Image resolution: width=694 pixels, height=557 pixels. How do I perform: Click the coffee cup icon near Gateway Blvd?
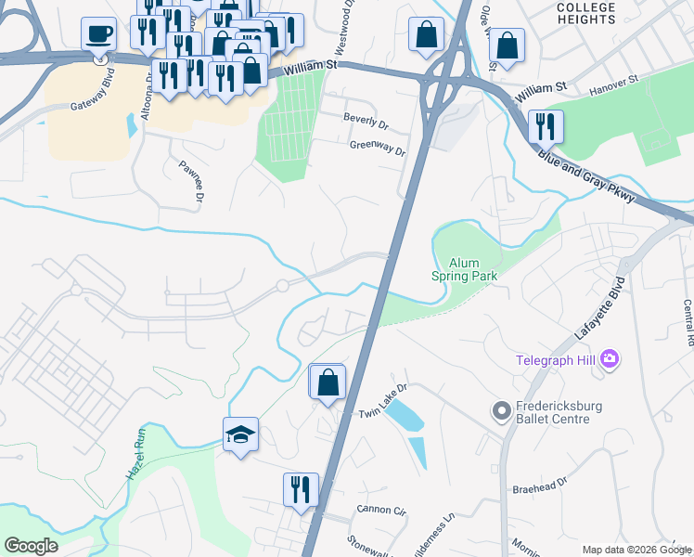[x=98, y=35]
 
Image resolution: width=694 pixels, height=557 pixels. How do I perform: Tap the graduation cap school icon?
[x=240, y=434]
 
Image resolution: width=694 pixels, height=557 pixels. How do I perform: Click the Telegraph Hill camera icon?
[x=610, y=358]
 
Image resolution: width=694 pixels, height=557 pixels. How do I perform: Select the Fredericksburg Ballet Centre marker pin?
[x=502, y=410]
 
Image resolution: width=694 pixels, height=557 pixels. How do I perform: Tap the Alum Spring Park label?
[x=464, y=269]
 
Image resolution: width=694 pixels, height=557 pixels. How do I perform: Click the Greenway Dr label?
[x=377, y=147]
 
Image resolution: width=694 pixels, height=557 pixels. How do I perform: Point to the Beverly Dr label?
[x=366, y=119]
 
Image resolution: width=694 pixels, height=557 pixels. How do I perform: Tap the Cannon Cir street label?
[x=381, y=510]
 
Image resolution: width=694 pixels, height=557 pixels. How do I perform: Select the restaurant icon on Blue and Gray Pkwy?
[x=546, y=125]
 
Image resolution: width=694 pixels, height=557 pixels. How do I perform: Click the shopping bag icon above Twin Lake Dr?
[x=327, y=382]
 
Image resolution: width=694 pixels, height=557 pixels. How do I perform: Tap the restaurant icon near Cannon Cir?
[x=301, y=489]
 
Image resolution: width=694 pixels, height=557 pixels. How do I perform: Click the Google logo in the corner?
[x=31, y=546]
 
